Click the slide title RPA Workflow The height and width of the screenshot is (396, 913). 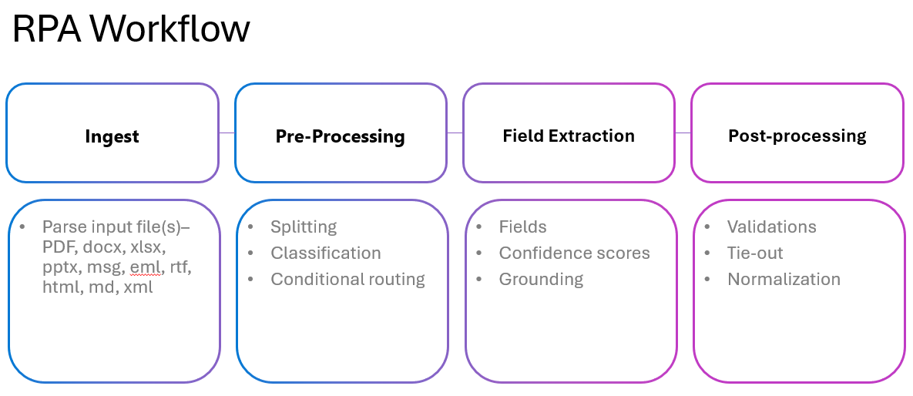click(131, 30)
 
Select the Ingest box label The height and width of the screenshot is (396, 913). click(112, 137)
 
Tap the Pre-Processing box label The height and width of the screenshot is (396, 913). click(340, 137)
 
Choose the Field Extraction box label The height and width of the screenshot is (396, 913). click(569, 136)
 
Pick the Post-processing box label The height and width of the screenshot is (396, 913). click(797, 136)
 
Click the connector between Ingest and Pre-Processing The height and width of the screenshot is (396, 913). click(227, 133)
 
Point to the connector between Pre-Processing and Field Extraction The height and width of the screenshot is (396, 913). click(455, 133)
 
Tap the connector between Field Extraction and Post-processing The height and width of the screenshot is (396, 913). click(683, 133)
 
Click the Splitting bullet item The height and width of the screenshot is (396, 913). click(304, 227)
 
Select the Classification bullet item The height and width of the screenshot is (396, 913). click(325, 253)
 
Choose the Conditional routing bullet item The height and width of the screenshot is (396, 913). click(347, 280)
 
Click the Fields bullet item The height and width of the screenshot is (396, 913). click(522, 227)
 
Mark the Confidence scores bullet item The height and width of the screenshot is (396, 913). click(574, 253)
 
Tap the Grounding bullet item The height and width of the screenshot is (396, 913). click(541, 280)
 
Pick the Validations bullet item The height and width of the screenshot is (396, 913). click(771, 227)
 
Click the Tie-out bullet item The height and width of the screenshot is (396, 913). click(755, 253)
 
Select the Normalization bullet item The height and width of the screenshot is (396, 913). click(784, 280)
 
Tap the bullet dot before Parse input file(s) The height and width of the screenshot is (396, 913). click(22, 228)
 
